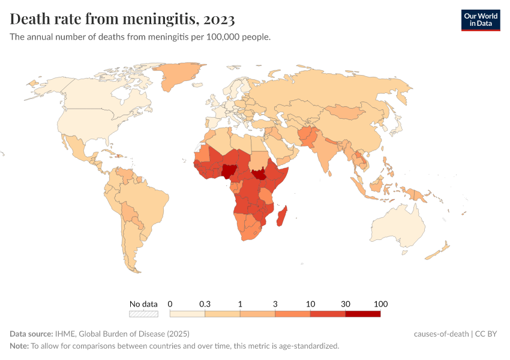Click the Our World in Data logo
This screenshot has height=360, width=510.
click(x=480, y=20)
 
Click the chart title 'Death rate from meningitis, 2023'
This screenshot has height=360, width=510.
click(x=122, y=19)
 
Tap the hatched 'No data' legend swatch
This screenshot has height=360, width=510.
click(x=143, y=313)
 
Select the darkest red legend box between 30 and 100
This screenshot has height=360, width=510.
click(x=362, y=313)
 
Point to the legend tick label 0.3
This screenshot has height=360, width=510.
click(x=205, y=304)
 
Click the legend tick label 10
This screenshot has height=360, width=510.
click(x=310, y=304)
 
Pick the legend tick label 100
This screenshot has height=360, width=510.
click(x=380, y=304)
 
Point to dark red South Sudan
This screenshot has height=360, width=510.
click(x=259, y=175)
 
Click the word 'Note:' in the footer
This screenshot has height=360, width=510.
click(x=19, y=346)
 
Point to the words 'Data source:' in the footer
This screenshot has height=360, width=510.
click(x=31, y=334)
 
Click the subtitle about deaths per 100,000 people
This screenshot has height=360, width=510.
click(x=140, y=37)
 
